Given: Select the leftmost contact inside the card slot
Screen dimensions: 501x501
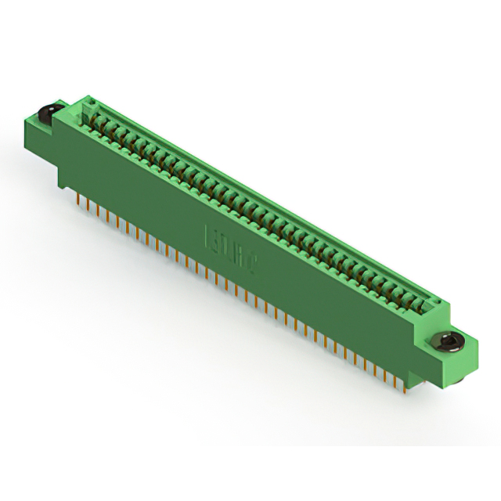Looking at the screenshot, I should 99,117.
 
